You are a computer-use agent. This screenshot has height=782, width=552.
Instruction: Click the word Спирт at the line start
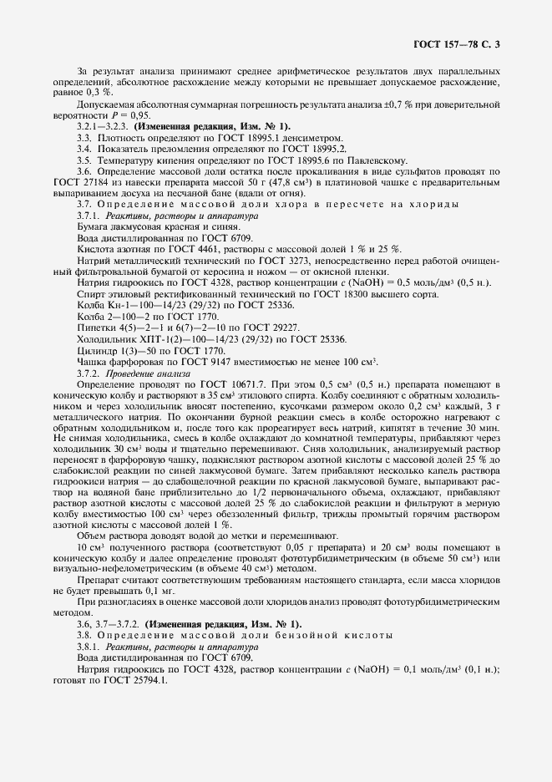92,294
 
